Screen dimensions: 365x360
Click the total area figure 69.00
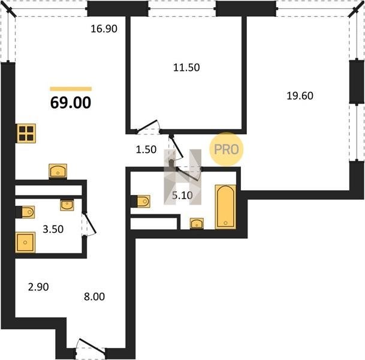tap(71, 103)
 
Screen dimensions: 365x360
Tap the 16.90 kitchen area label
tap(104, 29)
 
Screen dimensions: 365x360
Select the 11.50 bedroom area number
tap(186, 67)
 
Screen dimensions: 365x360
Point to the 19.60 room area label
tap(300, 96)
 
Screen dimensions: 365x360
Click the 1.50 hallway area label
tap(146, 149)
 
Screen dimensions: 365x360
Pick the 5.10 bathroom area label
tap(182, 195)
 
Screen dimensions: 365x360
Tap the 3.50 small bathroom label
tap(53, 229)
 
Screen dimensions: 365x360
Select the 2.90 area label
tap(38, 287)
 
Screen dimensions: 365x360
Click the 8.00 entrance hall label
tap(94, 296)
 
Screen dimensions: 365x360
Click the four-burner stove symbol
tap(26, 133)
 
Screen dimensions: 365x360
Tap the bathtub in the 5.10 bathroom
tap(225, 207)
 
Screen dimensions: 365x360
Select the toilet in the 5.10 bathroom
tap(141, 202)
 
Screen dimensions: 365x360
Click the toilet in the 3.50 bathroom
tap(25, 212)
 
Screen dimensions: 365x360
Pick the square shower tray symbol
tap(25, 242)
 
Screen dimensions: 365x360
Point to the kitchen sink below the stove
tap(58, 172)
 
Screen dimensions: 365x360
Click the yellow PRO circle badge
tap(227, 149)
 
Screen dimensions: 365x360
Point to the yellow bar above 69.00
tap(71, 89)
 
